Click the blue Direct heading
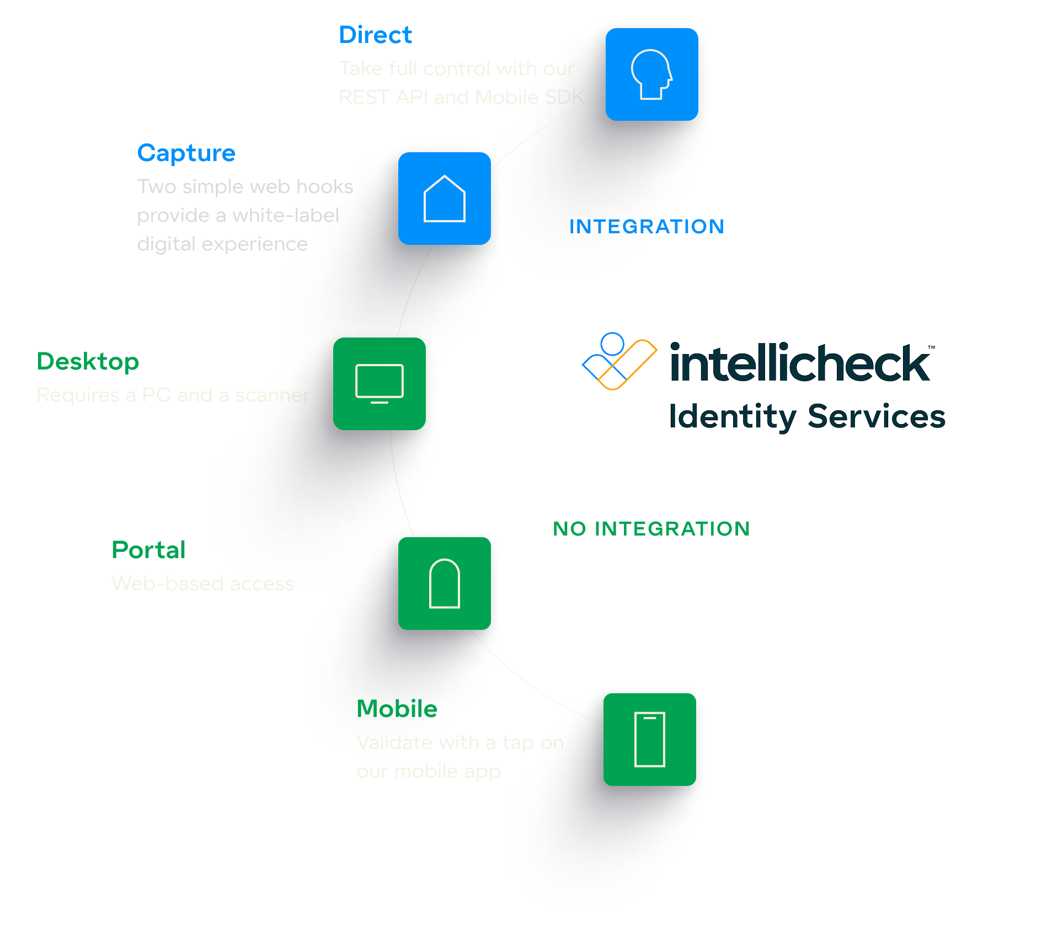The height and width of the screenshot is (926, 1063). point(375,35)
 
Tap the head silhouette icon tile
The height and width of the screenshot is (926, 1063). point(651,74)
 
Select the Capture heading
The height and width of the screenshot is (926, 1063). point(186,153)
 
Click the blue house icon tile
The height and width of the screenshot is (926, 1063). point(444,199)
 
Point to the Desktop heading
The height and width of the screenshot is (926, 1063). point(88,362)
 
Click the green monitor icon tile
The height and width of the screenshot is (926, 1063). point(380,384)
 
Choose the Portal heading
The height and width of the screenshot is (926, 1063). point(148,550)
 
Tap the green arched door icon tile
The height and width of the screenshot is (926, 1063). point(444,584)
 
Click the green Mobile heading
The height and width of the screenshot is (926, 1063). point(397,709)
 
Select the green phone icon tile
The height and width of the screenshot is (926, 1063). point(650,740)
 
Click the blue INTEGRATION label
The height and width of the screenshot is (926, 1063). point(647,226)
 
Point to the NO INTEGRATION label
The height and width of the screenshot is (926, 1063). point(651,528)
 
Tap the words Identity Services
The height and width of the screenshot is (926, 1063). point(807,416)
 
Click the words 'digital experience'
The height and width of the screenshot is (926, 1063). point(222,244)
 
